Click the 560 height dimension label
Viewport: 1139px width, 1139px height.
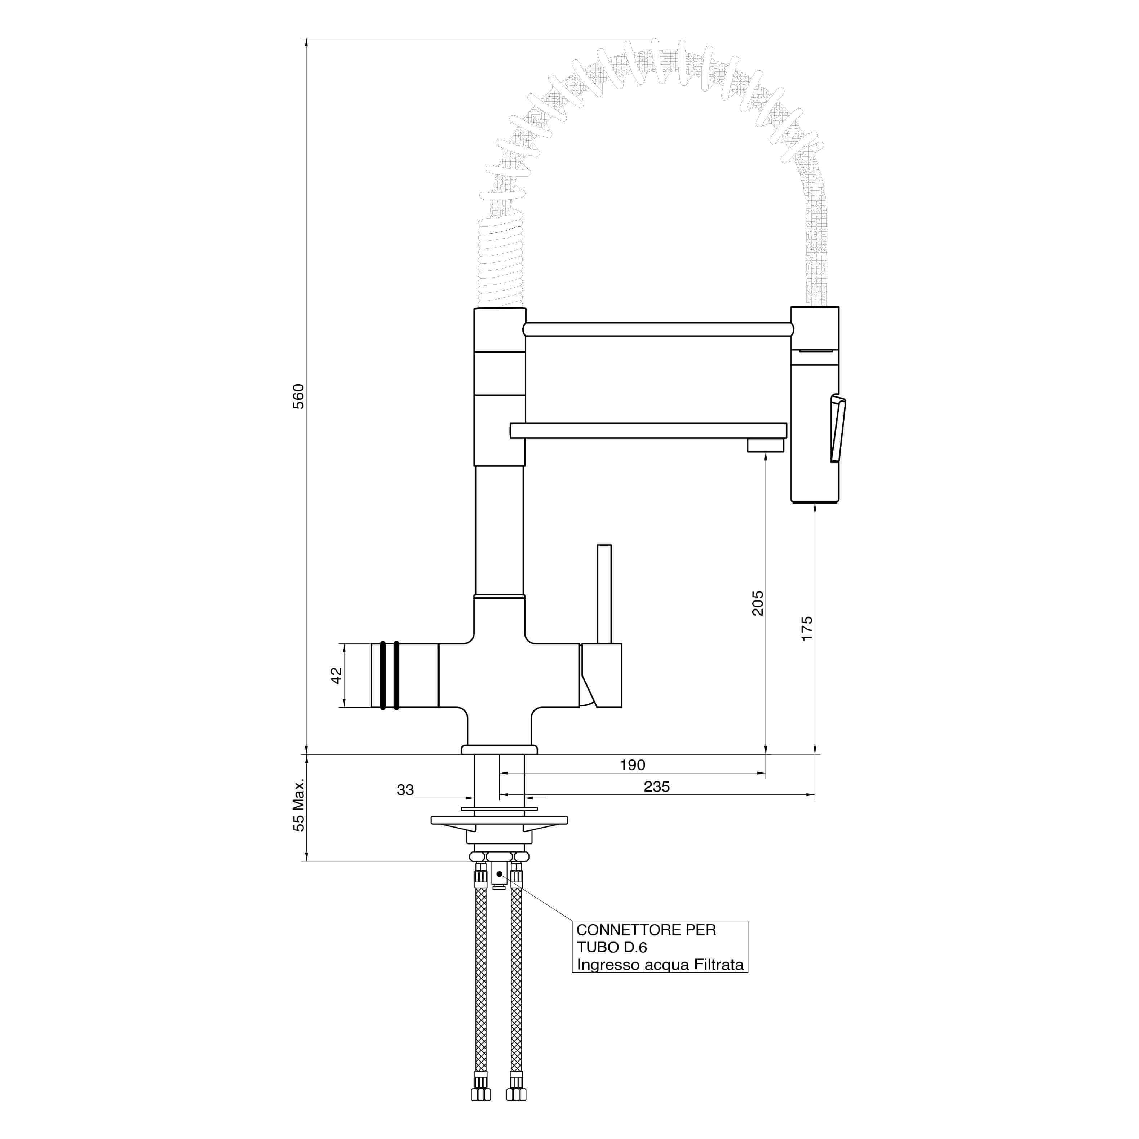point(299,396)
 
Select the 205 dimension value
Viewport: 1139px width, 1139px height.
point(758,603)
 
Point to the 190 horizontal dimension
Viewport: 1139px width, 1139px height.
point(633,765)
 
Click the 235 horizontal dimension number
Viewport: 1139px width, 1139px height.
point(657,787)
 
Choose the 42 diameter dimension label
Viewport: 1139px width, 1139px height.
point(336,675)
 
